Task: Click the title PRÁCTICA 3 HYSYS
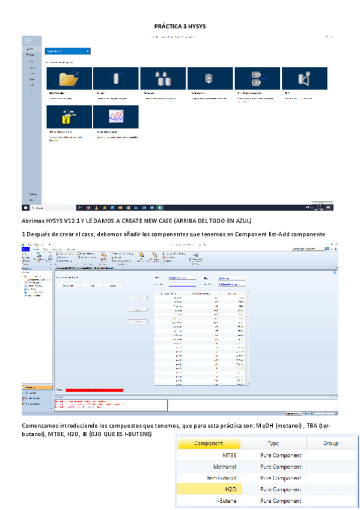[x=180, y=26]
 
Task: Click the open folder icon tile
[x=69, y=78]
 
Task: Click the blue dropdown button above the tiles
[x=67, y=52]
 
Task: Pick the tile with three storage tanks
[x=162, y=78]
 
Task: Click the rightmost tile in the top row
[x=304, y=78]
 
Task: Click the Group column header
[x=331, y=443]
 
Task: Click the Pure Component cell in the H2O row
[x=280, y=489]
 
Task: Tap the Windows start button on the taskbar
[x=25, y=207]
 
